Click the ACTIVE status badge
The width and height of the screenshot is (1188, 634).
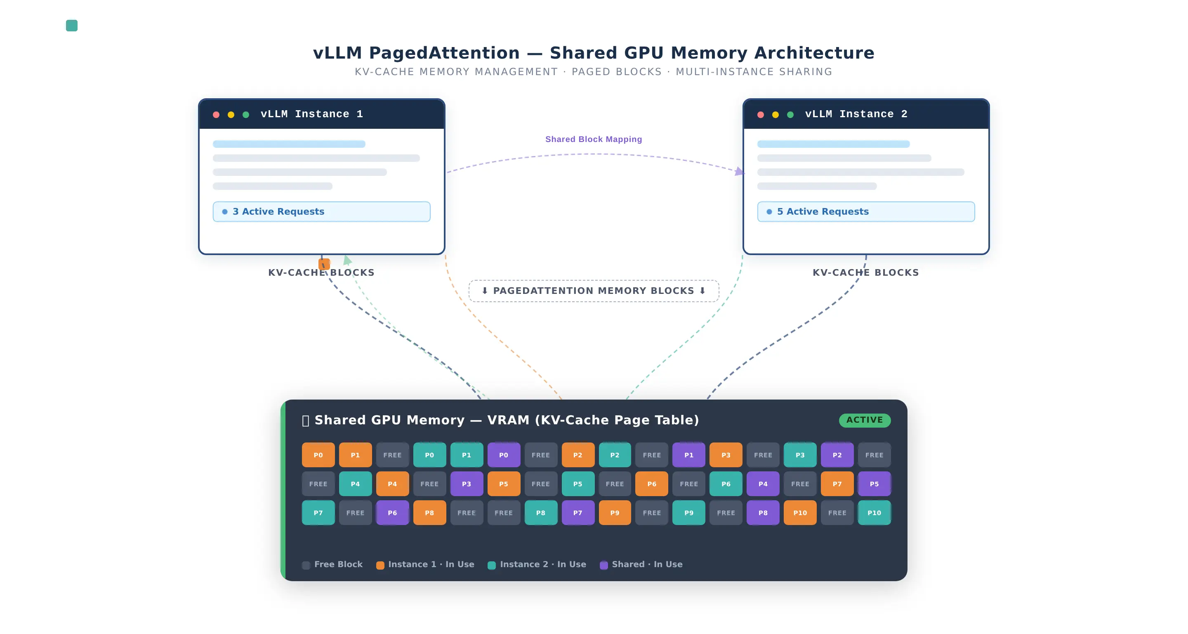click(864, 420)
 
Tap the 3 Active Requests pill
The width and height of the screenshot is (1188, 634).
click(321, 211)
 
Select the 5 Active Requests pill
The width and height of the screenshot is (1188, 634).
click(866, 211)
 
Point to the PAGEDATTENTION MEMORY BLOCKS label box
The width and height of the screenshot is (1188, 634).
click(594, 291)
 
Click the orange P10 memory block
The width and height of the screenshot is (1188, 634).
click(800, 513)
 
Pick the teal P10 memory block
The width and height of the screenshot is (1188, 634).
click(874, 513)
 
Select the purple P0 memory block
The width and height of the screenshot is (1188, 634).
click(504, 455)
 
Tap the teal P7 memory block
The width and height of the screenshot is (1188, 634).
click(318, 513)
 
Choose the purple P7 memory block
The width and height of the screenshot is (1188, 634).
click(577, 513)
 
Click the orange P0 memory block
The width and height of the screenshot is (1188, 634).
click(318, 455)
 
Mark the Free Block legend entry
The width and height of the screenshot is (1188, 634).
click(332, 564)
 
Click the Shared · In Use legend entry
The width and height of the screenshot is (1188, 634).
click(641, 564)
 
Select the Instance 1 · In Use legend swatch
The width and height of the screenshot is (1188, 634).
click(380, 565)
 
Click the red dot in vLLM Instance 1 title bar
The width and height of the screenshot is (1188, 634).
click(216, 114)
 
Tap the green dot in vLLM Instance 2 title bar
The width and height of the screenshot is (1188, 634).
click(790, 114)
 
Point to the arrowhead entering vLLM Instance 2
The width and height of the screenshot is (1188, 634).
click(739, 171)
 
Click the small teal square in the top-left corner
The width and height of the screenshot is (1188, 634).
click(71, 25)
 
